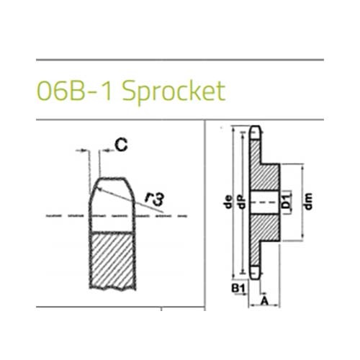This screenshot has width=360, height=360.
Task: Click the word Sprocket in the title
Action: tap(174, 91)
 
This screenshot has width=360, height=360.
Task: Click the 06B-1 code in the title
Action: tap(74, 91)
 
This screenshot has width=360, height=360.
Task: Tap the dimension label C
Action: tap(121, 145)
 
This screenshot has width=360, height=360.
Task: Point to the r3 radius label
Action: tap(155, 199)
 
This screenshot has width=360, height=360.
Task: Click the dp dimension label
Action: tap(242, 202)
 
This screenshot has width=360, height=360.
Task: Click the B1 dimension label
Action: tap(238, 288)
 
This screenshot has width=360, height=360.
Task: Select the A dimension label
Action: tap(264, 301)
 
